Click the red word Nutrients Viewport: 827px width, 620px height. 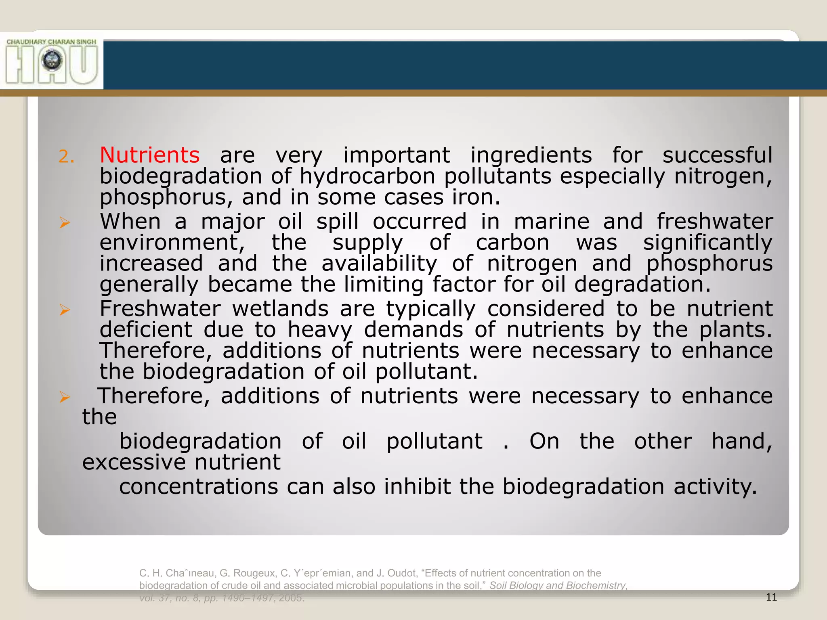149,155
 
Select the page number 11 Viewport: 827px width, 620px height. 771,597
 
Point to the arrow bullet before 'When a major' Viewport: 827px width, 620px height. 65,222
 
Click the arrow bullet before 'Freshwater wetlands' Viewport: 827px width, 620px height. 65,310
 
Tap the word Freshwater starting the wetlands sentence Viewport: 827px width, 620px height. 160,309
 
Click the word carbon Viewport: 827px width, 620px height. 512,243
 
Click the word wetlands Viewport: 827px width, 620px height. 280,309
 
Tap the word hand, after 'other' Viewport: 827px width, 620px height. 741,441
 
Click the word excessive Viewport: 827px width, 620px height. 134,462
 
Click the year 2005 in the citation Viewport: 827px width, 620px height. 291,598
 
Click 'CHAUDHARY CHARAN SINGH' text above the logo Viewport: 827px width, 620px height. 51,42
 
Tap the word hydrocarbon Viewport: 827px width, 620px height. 367,177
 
